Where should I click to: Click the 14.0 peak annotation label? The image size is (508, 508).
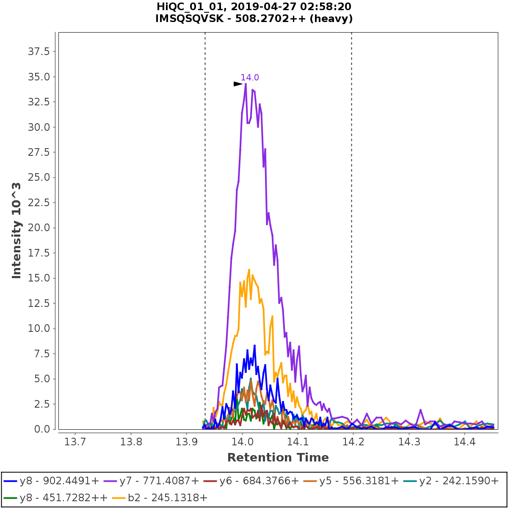250,77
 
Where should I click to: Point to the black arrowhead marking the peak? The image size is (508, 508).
238,84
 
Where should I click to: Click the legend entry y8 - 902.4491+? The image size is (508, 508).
52,481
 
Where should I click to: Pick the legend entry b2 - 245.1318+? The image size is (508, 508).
160,497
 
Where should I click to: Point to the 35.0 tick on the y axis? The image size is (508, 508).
39,77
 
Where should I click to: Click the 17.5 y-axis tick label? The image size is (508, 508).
39,253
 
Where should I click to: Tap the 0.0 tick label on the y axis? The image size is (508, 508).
41,429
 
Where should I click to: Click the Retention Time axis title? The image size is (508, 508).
278,458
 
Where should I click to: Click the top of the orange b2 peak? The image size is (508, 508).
249,269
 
